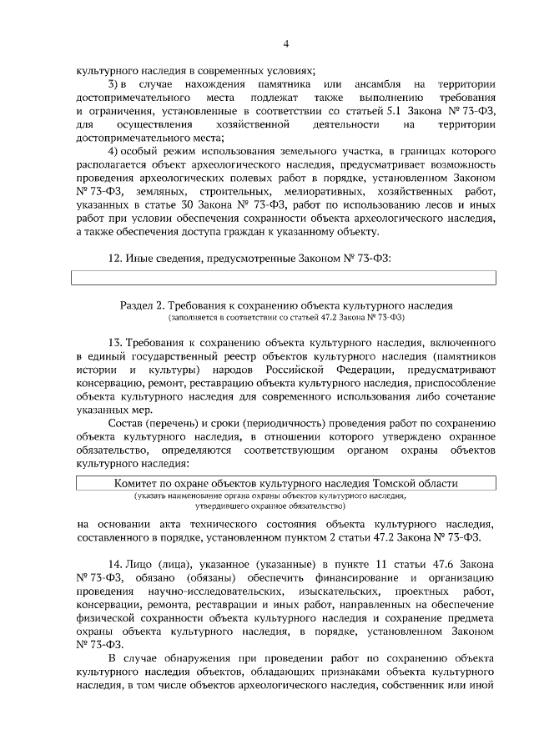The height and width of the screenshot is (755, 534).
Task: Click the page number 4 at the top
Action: pyautogui.click(x=285, y=44)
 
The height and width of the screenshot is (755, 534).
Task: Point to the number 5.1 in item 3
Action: pyautogui.click(x=380, y=111)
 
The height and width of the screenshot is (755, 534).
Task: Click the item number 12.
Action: pyautogui.click(x=116, y=258)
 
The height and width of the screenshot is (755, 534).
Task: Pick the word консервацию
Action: pyautogui.click(x=111, y=384)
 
